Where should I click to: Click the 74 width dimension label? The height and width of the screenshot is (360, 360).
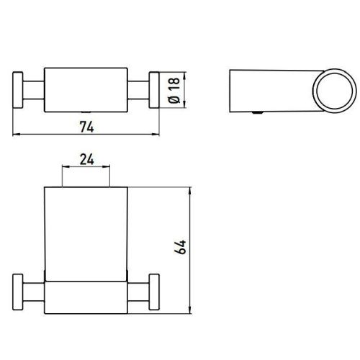pos(87,126)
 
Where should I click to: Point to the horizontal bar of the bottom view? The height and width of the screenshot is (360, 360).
pos(88,293)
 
